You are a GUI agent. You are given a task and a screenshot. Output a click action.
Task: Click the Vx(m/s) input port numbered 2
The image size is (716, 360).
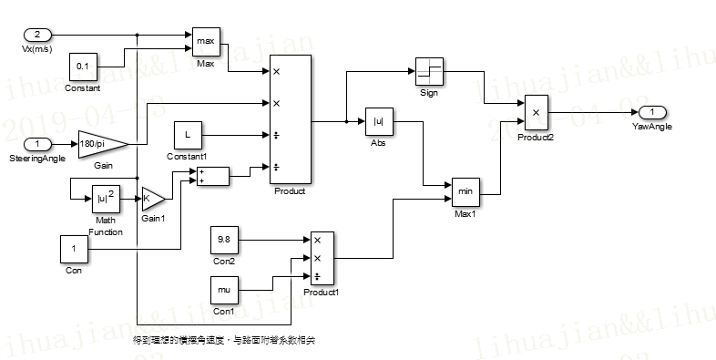[x=37, y=35]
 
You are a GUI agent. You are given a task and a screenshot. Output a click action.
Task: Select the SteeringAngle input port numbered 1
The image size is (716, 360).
[x=37, y=144]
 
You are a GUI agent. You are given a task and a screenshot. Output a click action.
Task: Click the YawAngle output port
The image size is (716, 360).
[x=651, y=112]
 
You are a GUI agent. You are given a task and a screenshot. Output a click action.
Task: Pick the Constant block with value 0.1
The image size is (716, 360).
[x=83, y=67]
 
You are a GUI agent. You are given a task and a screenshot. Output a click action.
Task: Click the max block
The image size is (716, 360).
[x=205, y=42]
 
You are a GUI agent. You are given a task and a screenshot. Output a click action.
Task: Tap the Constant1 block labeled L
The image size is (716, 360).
[x=188, y=135]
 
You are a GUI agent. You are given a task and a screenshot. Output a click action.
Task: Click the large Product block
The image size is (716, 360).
[x=290, y=119]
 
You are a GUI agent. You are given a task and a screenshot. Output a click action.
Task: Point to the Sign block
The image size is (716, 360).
[x=429, y=71]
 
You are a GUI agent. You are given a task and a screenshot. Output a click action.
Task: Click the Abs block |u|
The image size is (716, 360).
[x=377, y=121]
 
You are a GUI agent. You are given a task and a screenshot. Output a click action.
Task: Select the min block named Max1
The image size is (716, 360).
[x=465, y=192]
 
